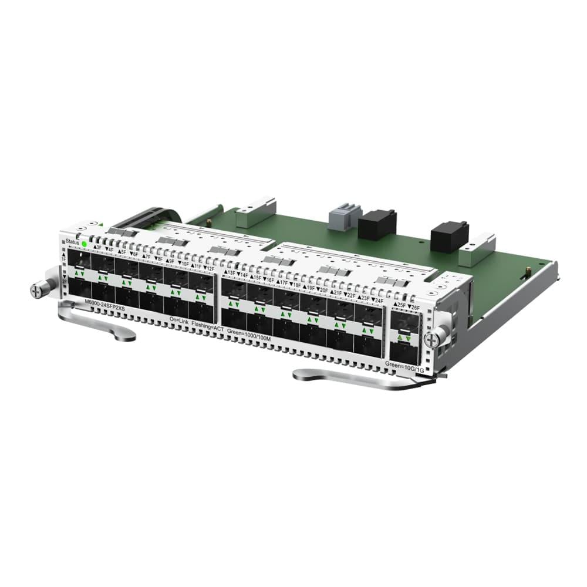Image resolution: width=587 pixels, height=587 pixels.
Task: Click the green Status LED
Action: point(85,243)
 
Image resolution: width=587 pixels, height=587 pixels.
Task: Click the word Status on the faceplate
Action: point(72,241)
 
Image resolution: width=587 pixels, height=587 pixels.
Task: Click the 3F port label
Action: point(97,248)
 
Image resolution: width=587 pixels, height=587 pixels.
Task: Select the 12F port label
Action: point(208,268)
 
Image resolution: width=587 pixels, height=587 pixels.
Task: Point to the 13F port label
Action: point(229,272)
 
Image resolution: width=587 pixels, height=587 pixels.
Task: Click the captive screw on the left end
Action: point(41,289)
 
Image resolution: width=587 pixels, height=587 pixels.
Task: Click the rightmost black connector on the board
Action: point(448,235)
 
